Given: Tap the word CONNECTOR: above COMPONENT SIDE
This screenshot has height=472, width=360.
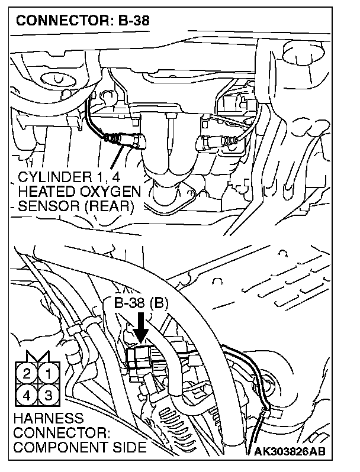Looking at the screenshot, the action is [x=53, y=434].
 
